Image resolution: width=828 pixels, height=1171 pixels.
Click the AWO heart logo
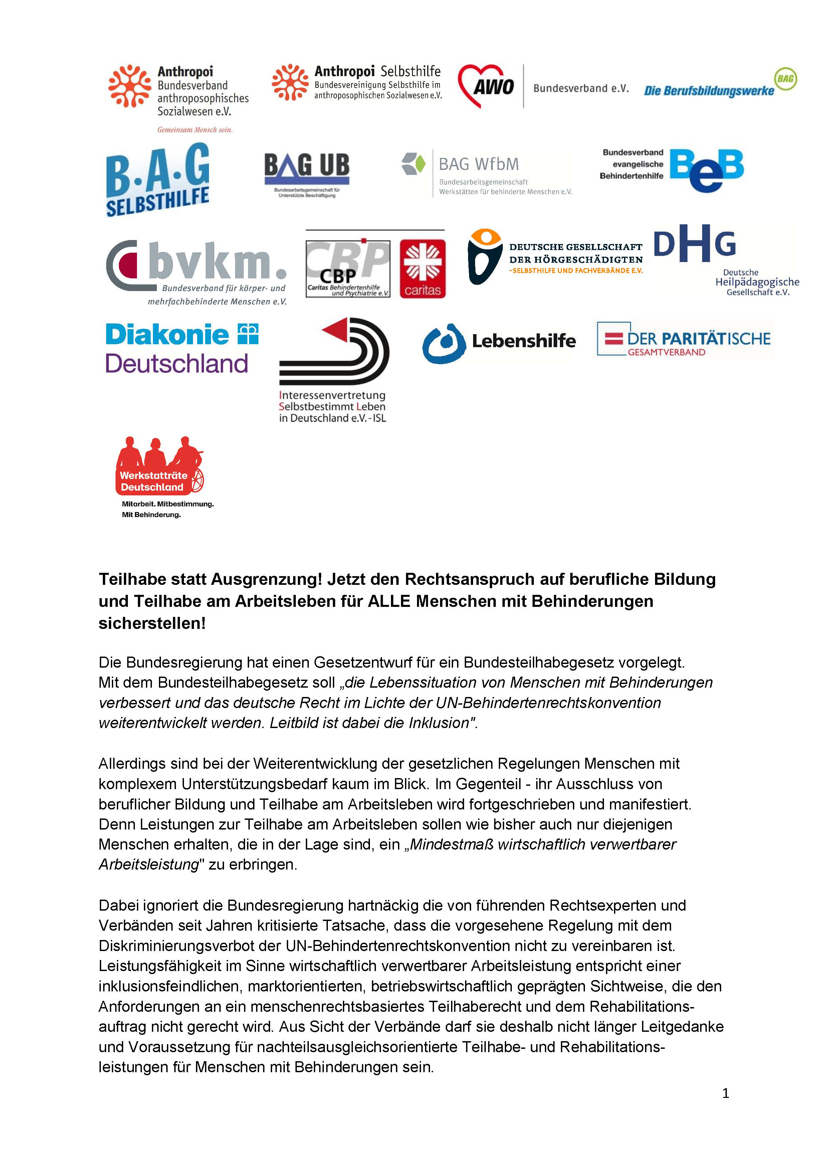click(x=486, y=86)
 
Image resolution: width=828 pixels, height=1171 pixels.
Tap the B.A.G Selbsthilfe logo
click(x=158, y=180)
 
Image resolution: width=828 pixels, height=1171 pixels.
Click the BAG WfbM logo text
click(x=478, y=164)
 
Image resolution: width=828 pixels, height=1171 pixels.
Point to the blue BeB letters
click(x=706, y=170)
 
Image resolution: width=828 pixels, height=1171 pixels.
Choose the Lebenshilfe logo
click(x=499, y=342)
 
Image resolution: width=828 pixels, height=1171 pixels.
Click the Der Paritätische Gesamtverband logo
click(x=685, y=339)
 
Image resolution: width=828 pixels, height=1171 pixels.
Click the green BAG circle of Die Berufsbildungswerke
click(x=786, y=79)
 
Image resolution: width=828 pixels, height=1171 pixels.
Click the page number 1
click(x=726, y=1093)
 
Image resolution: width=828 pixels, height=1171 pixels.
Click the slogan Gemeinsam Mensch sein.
click(x=194, y=130)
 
